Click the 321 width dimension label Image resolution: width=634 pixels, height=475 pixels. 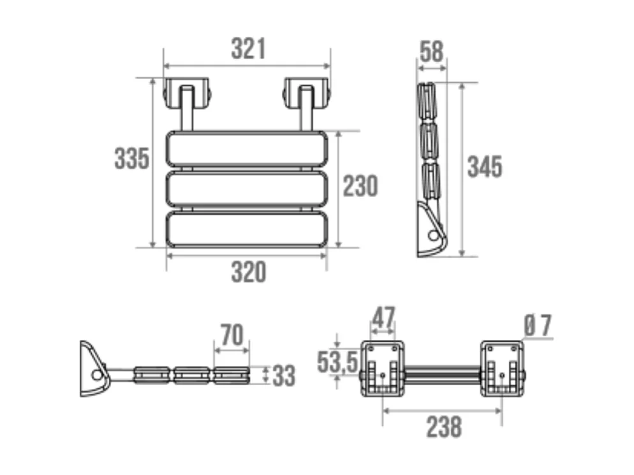coord(248,49)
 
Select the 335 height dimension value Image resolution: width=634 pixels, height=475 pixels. coord(132,158)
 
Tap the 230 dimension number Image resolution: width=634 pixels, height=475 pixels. coord(360,186)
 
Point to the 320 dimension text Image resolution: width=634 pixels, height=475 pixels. coord(248,272)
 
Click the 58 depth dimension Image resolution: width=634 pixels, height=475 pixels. coord(432,51)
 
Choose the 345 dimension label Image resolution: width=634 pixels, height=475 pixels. coord(485,167)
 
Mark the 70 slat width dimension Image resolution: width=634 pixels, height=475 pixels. coord(232,334)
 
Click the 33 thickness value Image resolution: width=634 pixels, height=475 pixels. coord(284,376)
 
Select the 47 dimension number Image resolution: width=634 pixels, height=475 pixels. coord(383,317)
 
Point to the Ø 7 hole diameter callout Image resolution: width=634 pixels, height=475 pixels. coord(538,326)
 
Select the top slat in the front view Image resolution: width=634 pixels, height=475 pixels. coord(247,148)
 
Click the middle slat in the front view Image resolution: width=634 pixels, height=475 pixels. coord(247,187)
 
